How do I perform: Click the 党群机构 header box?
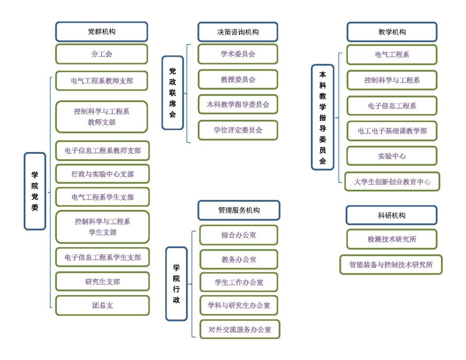pos(102,31)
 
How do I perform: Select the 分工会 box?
pos(102,54)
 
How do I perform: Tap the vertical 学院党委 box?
pos(35,191)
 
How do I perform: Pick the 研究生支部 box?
pos(103,281)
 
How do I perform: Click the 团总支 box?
pos(103,305)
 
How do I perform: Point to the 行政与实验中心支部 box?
pos(103,174)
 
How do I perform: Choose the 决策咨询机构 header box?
pos(238,32)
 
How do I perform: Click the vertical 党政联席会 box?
pos(173,93)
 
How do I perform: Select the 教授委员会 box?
pos(238,79)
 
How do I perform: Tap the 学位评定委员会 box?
pos(238,130)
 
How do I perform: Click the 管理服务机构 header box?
pos(239,210)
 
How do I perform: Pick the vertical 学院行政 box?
pos(177,284)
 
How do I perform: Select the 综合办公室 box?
pos(239,235)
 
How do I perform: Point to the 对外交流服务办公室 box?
pos(240,329)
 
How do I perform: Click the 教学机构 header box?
pos(392,32)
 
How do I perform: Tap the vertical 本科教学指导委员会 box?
pos(323,117)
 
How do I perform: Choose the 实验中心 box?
pos(392,156)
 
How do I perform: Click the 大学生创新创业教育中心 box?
pos(392,182)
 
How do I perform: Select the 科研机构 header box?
pos(392,215)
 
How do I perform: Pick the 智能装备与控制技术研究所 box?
pos(391,264)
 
